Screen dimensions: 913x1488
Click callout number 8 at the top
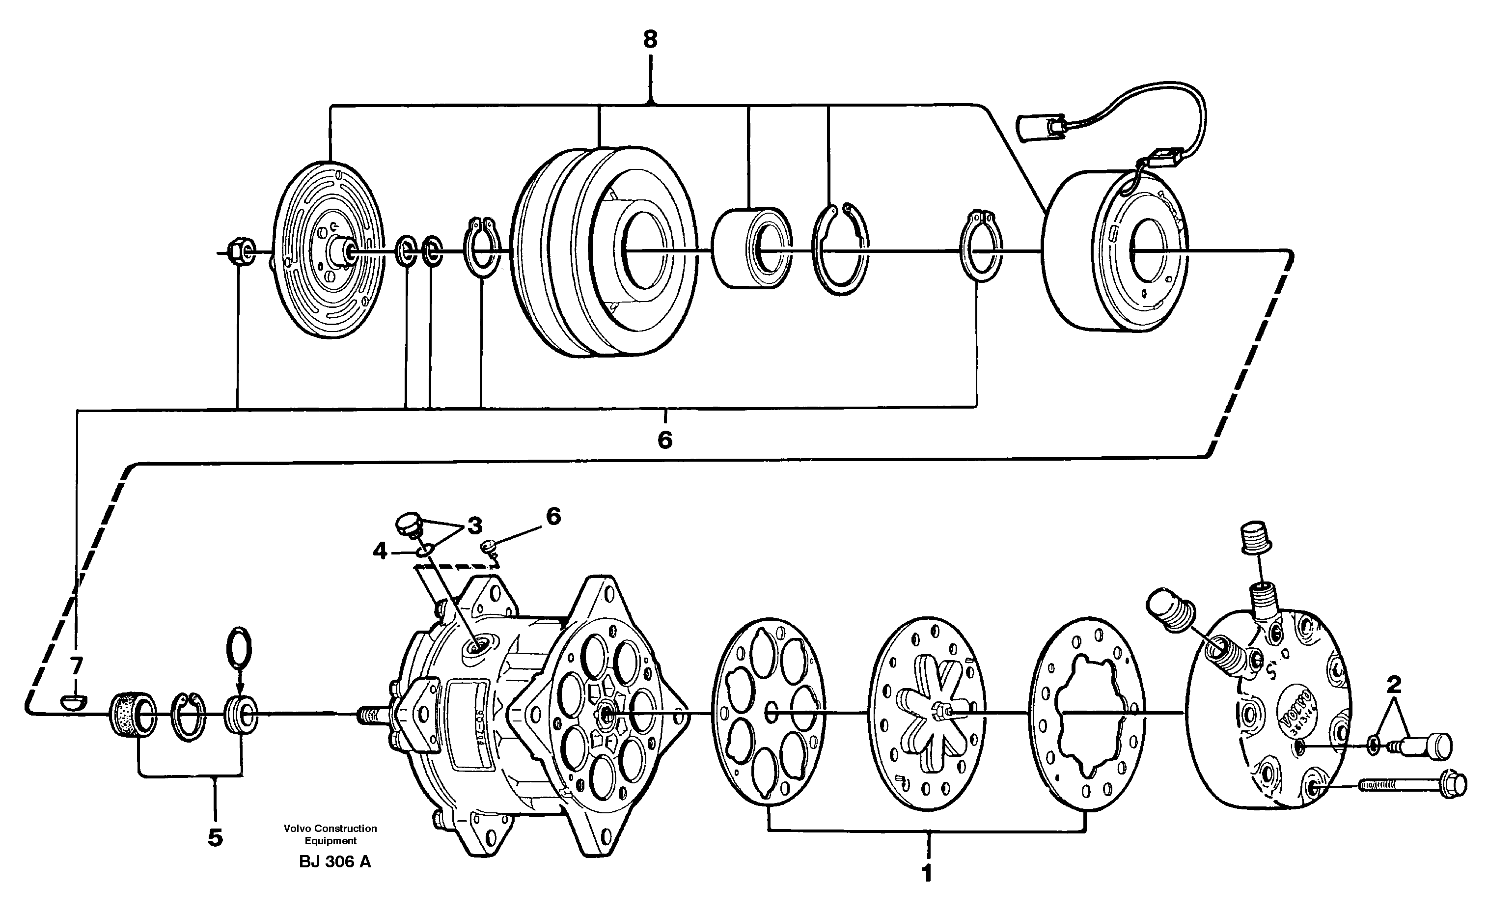pos(650,40)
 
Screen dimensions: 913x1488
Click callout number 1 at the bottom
pos(927,874)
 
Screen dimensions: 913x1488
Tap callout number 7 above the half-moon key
pos(76,665)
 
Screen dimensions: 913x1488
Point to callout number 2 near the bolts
pos(1393,685)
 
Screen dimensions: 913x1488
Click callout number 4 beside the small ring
pos(379,551)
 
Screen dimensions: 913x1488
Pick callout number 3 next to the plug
pos(475,526)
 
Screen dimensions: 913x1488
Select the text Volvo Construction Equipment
pos(331,834)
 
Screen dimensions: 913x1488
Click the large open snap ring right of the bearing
pos(841,249)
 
